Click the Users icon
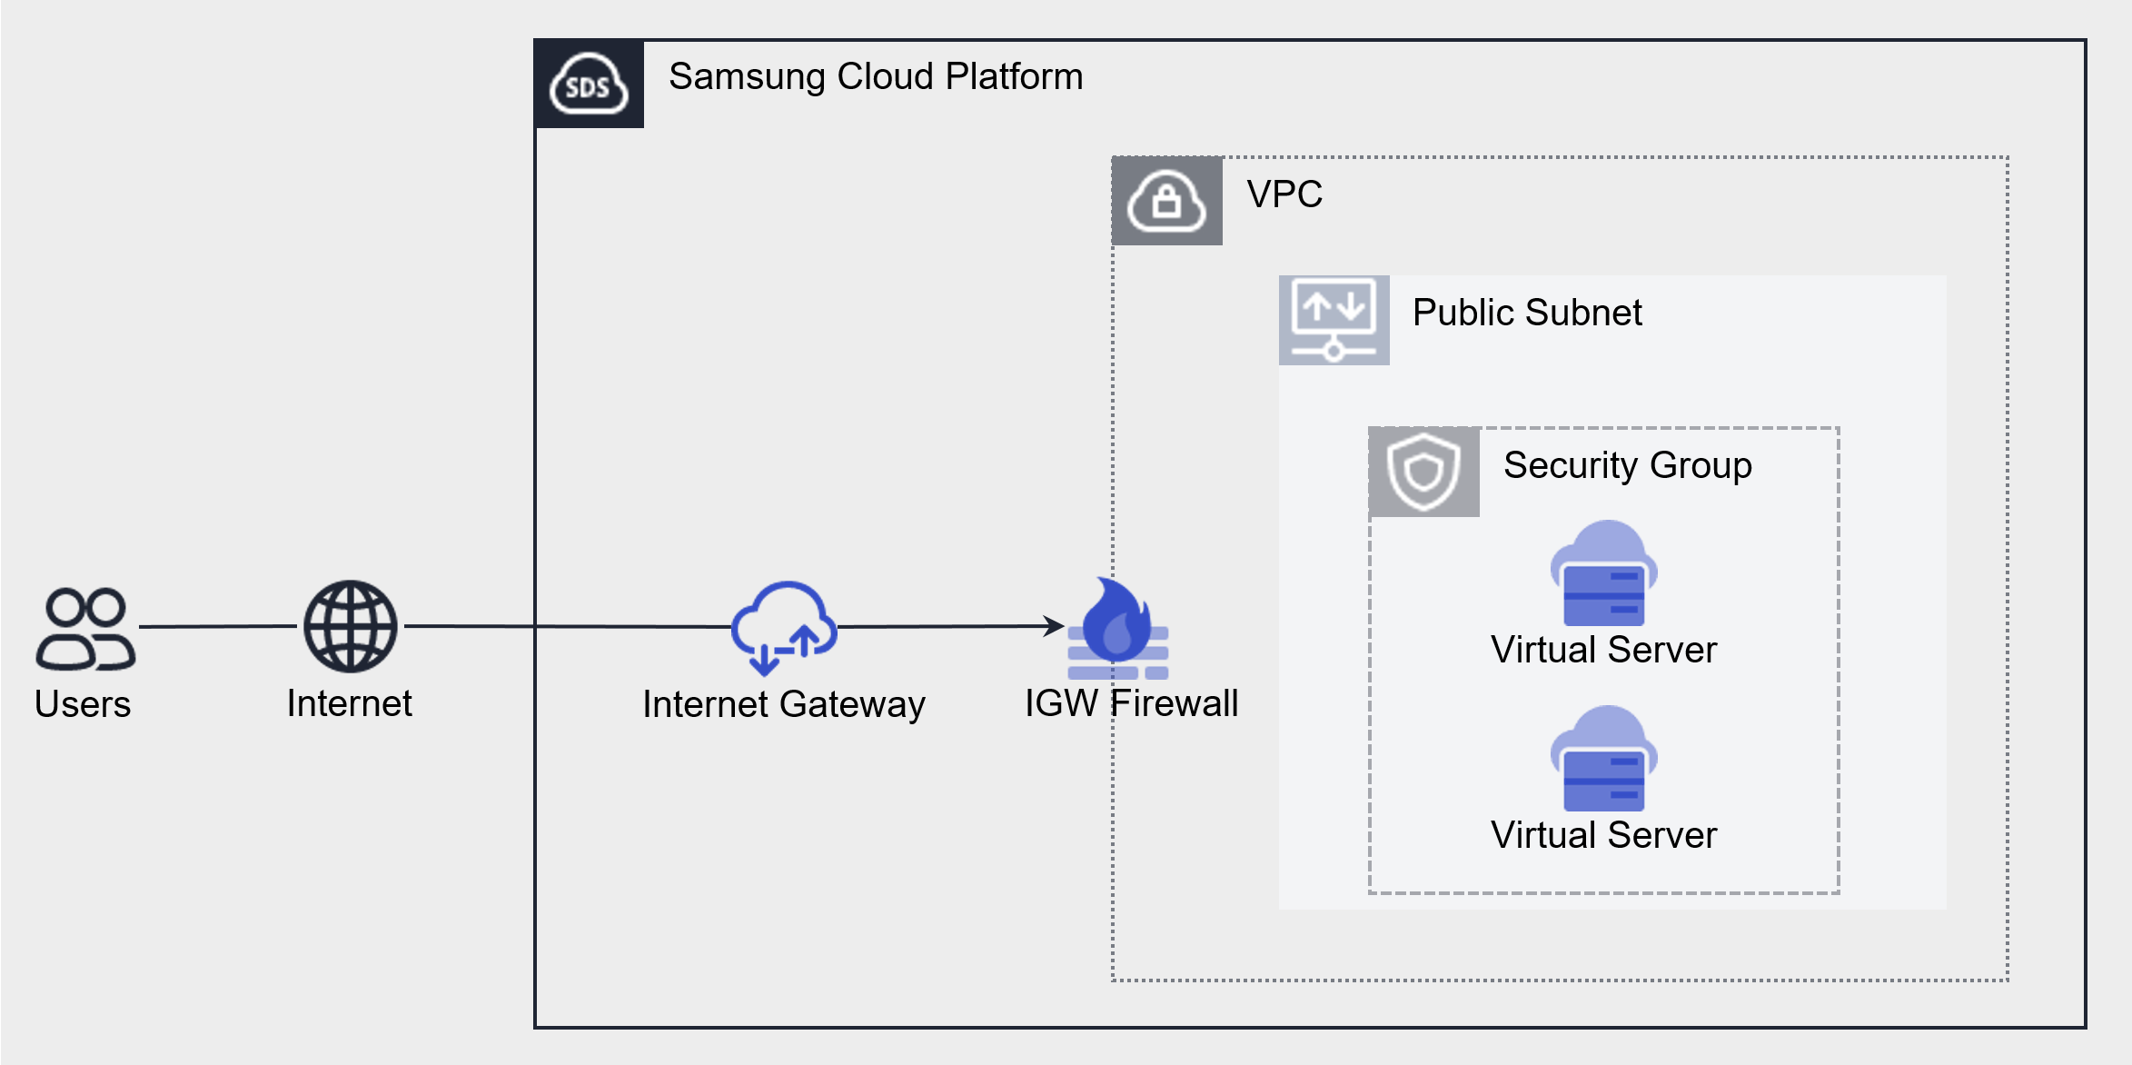tap(85, 629)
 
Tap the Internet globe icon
tap(350, 626)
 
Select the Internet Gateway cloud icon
tap(784, 627)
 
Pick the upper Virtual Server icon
tap(1603, 573)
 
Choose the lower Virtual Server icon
tap(1603, 759)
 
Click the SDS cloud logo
tap(589, 84)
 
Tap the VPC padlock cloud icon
tap(1166, 201)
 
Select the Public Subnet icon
tap(1334, 320)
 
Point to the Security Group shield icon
tap(1423, 472)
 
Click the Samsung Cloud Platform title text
tap(876, 76)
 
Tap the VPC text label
tap(1284, 194)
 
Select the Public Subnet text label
tap(1527, 313)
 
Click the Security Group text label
tap(1627, 465)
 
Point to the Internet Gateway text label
tap(783, 704)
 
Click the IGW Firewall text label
tap(1131, 703)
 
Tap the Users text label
tap(83, 704)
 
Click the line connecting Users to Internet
tap(218, 626)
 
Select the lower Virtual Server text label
tap(1603, 835)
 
